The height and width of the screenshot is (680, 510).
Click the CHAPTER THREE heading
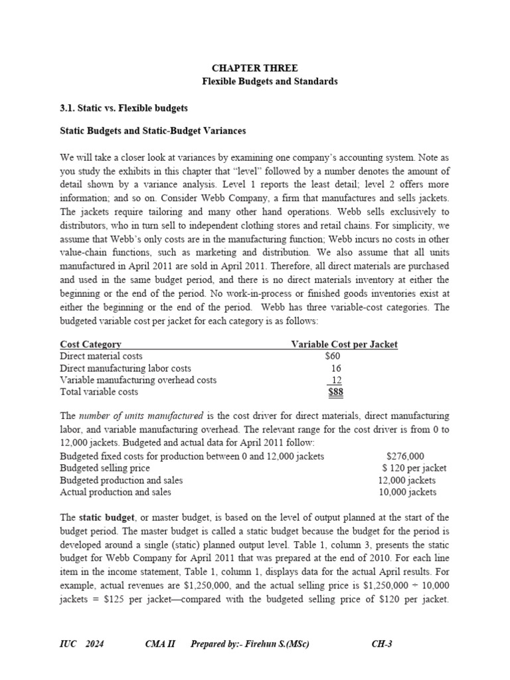click(254, 68)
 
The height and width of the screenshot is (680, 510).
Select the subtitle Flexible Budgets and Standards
click(270, 81)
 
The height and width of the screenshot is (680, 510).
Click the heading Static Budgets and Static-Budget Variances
click(153, 131)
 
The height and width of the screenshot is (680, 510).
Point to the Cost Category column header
click(90, 344)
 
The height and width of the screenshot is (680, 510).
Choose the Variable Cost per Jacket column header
click(345, 344)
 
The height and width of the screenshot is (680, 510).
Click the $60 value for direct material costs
click(333, 356)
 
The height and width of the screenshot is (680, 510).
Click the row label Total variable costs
click(99, 392)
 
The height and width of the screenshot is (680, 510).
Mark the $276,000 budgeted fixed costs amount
click(404, 456)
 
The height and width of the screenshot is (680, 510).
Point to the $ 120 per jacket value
click(410, 468)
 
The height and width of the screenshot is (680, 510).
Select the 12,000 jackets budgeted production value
click(407, 480)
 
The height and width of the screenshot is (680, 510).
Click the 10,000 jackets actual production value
click(407, 492)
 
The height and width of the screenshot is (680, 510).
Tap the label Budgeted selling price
click(104, 468)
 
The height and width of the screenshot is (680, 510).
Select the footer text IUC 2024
click(81, 644)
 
